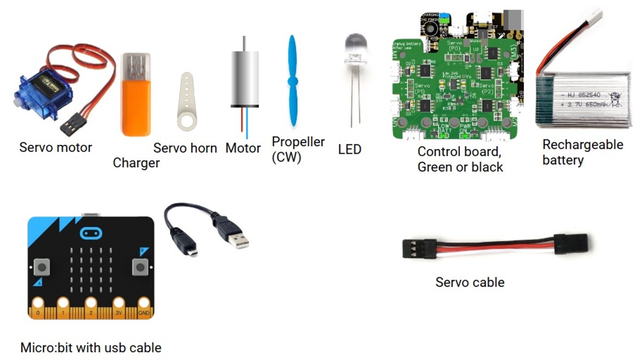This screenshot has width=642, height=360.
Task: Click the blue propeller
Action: click(292, 81)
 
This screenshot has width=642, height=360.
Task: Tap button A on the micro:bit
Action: click(42, 266)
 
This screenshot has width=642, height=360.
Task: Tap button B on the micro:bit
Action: click(140, 266)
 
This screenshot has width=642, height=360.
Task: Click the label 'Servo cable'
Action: click(470, 282)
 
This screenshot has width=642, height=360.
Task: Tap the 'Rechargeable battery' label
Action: click(582, 152)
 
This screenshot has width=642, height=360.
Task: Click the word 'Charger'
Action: click(136, 163)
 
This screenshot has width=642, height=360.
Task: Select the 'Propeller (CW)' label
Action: click(298, 149)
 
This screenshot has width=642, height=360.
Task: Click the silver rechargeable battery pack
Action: click(583, 99)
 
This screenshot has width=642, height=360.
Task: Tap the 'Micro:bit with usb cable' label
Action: click(91, 348)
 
